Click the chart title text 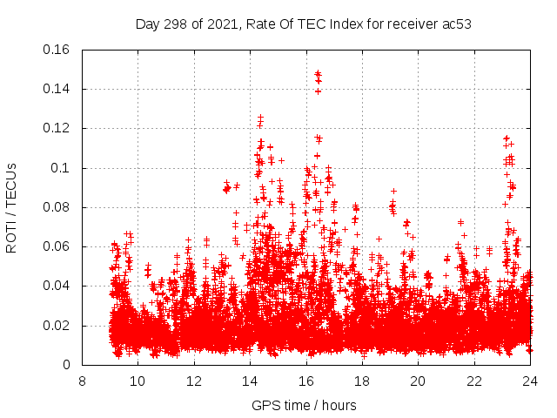click(303, 24)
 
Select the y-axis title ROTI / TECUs click(12, 207)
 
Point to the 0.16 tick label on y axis click(57, 50)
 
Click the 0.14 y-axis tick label click(57, 89)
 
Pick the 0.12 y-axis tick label click(57, 128)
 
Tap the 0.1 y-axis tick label click(63, 168)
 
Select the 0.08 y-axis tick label click(57, 207)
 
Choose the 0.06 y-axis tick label click(57, 246)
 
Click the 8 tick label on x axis click(82, 381)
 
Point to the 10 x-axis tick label click(138, 381)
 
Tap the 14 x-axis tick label click(250, 381)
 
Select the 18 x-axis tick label click(362, 381)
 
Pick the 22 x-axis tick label click(474, 381)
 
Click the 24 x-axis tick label click(530, 381)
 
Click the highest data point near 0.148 click(318, 73)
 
